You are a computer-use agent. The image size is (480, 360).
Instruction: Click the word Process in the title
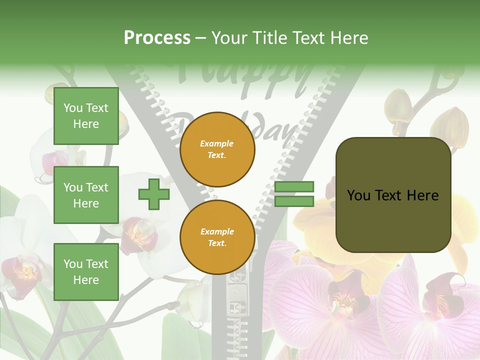point(157,38)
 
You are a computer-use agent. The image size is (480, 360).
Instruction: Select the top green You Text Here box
point(86,116)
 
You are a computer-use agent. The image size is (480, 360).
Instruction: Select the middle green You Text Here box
point(86,195)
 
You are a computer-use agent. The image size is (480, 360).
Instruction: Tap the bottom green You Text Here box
point(86,271)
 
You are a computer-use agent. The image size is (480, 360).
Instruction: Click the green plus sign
point(154,194)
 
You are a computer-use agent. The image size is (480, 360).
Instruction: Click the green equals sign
point(294,194)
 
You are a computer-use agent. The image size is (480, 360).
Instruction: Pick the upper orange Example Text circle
point(217,149)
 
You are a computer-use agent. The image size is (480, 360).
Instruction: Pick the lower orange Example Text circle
point(217,237)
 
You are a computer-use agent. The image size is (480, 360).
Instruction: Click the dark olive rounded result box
point(393,195)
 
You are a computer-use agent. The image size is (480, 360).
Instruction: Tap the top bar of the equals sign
point(294,187)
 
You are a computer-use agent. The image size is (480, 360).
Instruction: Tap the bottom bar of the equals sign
point(294,201)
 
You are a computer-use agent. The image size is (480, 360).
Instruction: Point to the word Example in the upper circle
point(217,143)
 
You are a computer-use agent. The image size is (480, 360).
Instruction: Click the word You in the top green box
point(73,108)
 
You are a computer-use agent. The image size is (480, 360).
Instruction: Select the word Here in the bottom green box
point(86,280)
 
